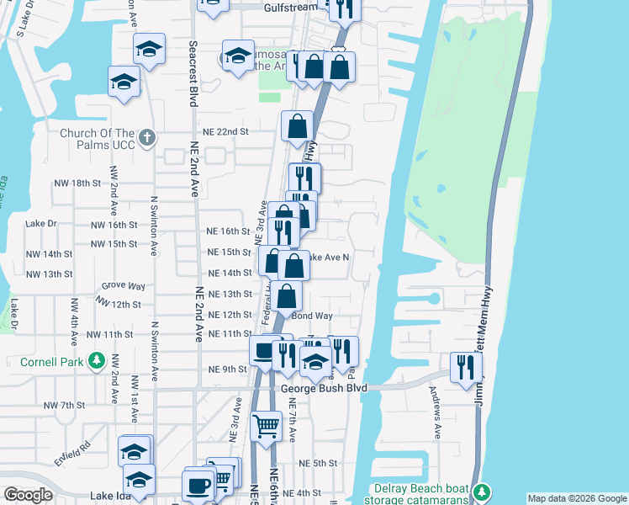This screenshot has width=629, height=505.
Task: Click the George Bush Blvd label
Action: tap(325, 388)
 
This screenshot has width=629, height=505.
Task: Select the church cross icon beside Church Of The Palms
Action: tap(147, 136)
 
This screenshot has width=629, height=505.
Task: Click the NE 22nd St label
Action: tap(226, 132)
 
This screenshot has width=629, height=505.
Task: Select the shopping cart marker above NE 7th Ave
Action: tap(266, 426)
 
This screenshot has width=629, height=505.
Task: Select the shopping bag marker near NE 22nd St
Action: tap(297, 128)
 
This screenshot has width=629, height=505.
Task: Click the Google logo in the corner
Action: tap(29, 495)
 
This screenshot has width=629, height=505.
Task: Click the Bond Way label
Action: tap(313, 316)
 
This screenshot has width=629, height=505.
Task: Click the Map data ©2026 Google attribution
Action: tap(577, 498)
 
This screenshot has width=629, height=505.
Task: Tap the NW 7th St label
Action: tap(67, 406)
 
